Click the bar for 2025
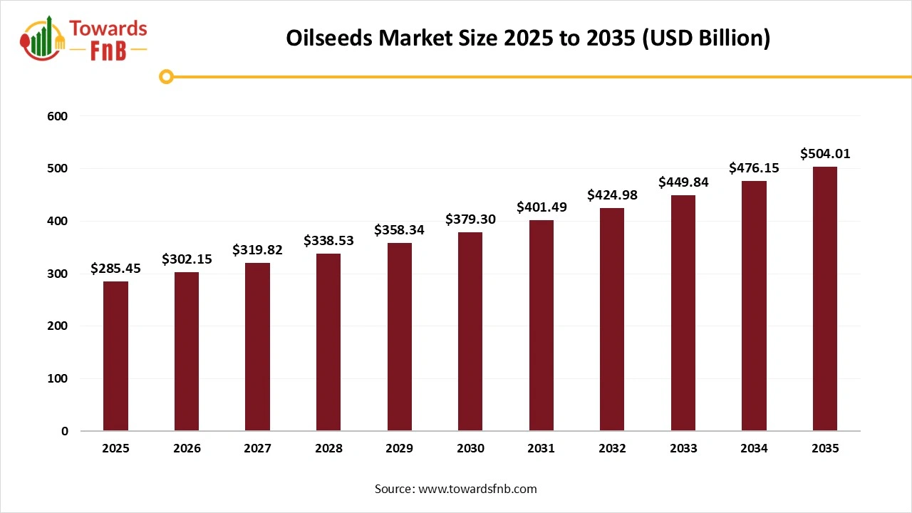115,356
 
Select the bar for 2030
470,331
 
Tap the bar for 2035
825,299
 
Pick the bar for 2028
328,342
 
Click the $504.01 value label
825,154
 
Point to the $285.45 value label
115,269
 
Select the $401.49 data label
541,207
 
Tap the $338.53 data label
328,241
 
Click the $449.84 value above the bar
683,182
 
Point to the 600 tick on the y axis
58,116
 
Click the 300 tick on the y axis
58,274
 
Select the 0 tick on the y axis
64,431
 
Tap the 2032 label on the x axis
612,449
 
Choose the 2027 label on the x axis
257,449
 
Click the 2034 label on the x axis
754,449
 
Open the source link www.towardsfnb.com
477,489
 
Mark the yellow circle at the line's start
166,77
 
